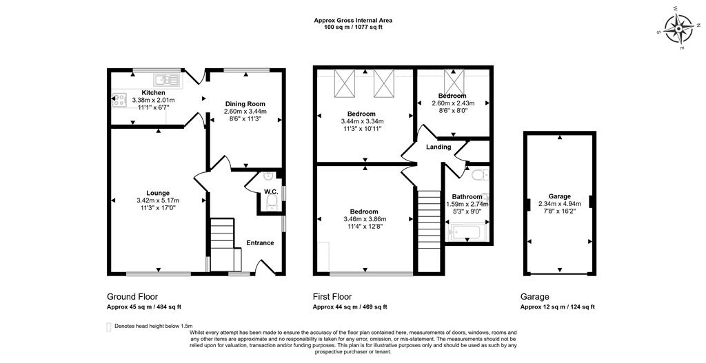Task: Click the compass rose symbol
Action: click(678, 28)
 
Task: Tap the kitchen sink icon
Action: click(167, 80)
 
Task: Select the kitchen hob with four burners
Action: click(119, 100)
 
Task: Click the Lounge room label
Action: click(158, 194)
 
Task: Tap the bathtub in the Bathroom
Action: click(466, 232)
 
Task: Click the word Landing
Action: click(438, 147)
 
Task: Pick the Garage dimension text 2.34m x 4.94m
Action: click(560, 203)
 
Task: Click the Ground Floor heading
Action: click(132, 297)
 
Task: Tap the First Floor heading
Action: click(332, 297)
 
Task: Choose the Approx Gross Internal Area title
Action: click(353, 20)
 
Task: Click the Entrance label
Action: click(260, 243)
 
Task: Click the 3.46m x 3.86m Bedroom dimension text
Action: click(364, 219)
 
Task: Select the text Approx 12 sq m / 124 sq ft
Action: click(557, 307)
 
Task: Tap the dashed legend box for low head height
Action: click(108, 327)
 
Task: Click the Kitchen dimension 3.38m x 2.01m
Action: click(154, 100)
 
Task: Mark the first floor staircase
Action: click(429, 219)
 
